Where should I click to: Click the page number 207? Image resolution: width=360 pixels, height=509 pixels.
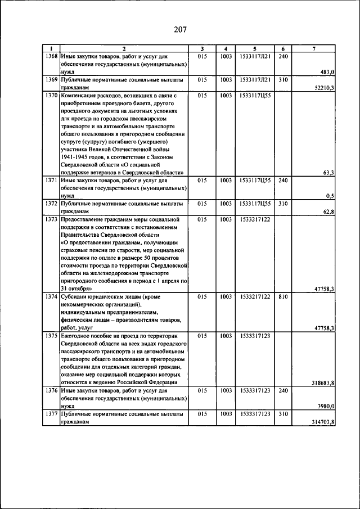[x=180, y=29]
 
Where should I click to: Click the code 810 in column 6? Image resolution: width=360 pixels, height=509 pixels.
[x=284, y=296]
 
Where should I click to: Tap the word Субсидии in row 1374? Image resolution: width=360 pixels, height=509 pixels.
[x=75, y=296]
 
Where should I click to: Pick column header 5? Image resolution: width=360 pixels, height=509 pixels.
[x=255, y=49]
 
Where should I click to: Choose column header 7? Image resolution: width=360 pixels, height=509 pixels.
[x=314, y=49]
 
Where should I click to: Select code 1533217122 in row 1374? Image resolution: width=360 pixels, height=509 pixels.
[x=255, y=296]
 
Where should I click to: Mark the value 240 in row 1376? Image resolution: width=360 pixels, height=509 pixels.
[x=284, y=390]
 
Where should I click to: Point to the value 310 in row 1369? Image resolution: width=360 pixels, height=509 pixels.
[x=284, y=80]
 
